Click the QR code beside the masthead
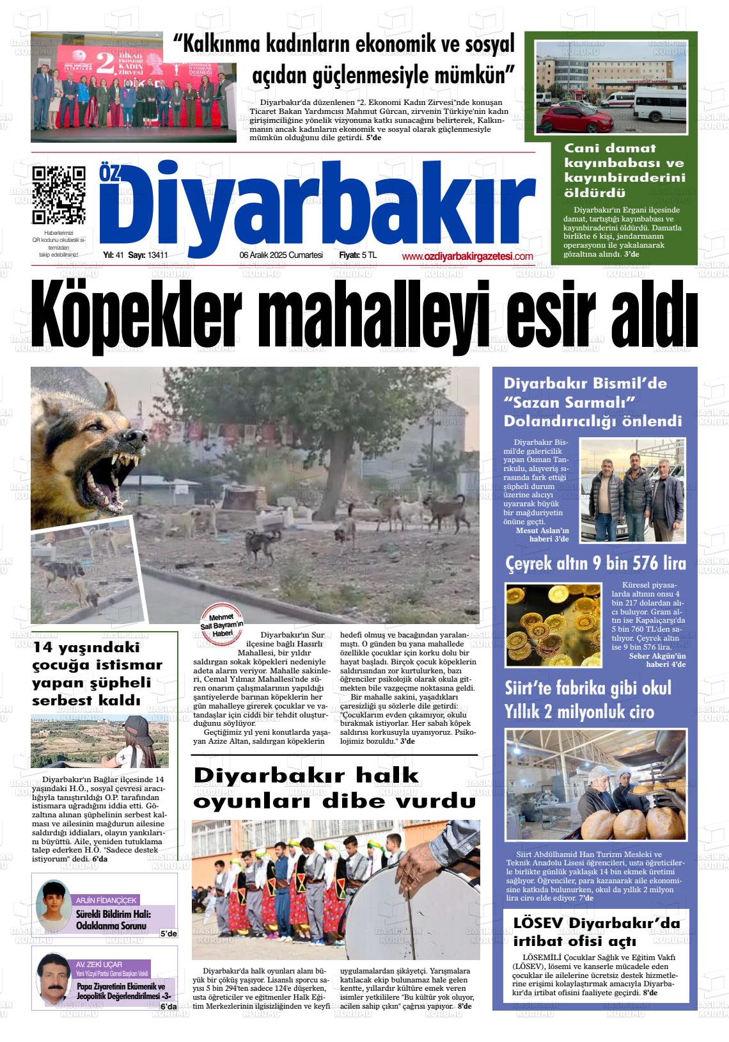tap(58, 194)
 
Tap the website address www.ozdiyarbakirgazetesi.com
tap(467, 257)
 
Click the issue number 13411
tap(157, 255)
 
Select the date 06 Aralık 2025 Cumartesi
tap(281, 255)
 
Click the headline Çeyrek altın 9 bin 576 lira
tap(595, 564)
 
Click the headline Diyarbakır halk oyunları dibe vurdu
tap(334, 788)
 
